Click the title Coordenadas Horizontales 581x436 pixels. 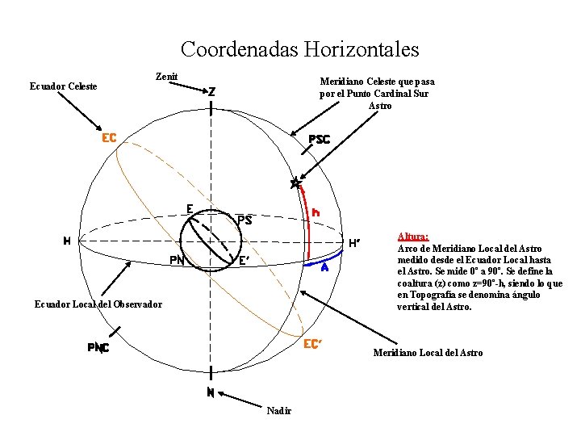pyautogui.click(x=300, y=50)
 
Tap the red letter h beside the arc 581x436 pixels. pyautogui.click(x=316, y=212)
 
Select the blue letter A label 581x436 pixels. pyautogui.click(x=324, y=268)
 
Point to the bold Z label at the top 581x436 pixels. pyautogui.click(x=211, y=92)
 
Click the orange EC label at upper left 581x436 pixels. pyautogui.click(x=109, y=138)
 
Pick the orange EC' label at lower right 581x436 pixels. pyautogui.click(x=312, y=344)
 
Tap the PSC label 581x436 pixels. pyautogui.click(x=319, y=140)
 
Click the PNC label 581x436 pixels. pyautogui.click(x=98, y=348)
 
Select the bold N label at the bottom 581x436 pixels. pyautogui.click(x=210, y=393)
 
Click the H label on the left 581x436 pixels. pyautogui.click(x=69, y=241)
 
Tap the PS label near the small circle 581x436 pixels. pyautogui.click(x=245, y=220)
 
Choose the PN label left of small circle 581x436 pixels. pyautogui.click(x=178, y=260)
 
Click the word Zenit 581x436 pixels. pyautogui.click(x=166, y=77)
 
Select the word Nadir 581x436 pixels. pyautogui.click(x=278, y=411)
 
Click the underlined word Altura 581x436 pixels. pyautogui.click(x=413, y=237)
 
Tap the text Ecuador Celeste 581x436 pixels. pyautogui.click(x=64, y=86)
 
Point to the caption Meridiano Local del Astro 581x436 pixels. pyautogui.click(x=428, y=353)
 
